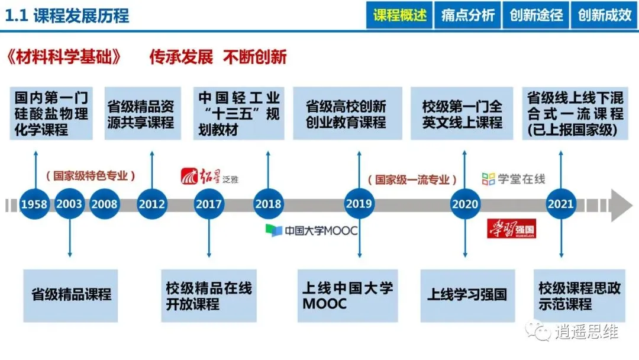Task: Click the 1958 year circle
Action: pos(34,204)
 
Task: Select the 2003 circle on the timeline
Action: pos(70,204)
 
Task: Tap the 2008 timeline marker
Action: pos(105,204)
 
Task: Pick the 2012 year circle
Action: pos(152,204)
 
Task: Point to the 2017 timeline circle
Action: pos(209,204)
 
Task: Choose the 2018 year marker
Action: pos(268,204)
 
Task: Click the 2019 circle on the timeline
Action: pos(359,204)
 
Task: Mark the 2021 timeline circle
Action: pos(560,204)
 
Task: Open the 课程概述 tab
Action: pos(400,15)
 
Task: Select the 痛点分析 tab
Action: pos(468,15)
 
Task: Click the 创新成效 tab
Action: pos(604,15)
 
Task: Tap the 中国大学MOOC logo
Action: pos(312,230)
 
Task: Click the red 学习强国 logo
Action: pos(511,229)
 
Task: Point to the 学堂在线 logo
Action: pos(513,178)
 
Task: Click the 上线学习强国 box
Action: pos(467,295)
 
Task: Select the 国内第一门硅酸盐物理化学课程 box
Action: pos(51,114)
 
